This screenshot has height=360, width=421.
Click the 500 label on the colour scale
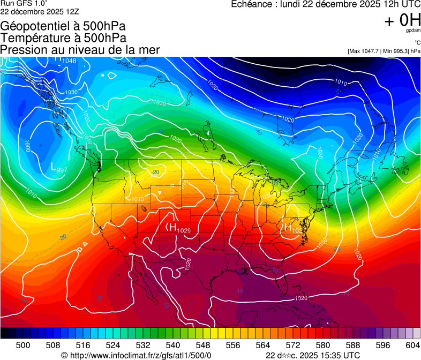(x=23, y=344)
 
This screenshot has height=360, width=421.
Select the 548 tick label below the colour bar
(x=203, y=344)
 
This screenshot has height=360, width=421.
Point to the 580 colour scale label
(x=323, y=344)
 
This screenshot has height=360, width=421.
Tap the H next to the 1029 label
(x=171, y=228)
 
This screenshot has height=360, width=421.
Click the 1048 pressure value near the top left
(x=69, y=61)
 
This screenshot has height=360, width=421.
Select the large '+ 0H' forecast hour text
(x=402, y=20)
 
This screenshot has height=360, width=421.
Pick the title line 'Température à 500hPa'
(x=63, y=38)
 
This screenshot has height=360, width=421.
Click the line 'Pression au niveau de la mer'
(x=80, y=50)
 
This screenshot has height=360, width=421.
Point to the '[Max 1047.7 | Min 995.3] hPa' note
(x=384, y=51)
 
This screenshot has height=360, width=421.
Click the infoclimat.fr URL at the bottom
(x=140, y=355)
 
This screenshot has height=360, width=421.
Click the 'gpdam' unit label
(x=413, y=31)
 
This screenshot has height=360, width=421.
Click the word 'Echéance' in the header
(x=251, y=4)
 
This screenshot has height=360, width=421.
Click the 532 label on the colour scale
(x=143, y=344)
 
